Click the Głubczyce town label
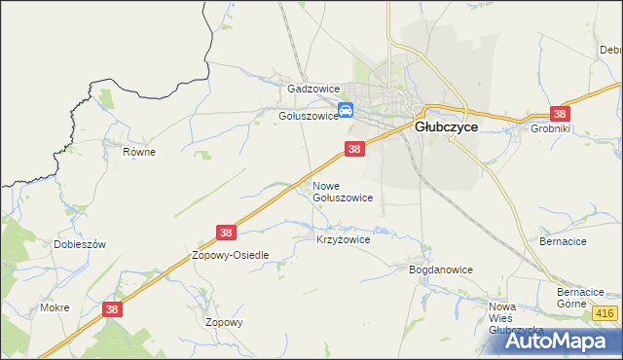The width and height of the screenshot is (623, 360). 446,126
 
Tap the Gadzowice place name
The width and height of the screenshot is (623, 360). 311,88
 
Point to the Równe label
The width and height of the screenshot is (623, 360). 139,152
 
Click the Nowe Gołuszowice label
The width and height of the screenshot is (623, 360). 342,191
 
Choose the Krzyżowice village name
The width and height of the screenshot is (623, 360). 344,238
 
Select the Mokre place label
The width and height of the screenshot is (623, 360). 54,307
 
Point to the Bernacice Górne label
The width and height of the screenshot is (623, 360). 581,297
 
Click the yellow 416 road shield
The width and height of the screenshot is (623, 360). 605,312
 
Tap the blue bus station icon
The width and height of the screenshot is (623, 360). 345,111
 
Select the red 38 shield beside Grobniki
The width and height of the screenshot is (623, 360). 560,113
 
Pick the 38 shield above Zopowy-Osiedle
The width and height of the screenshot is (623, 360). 226,233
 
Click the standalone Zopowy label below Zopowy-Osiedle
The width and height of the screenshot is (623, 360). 224,322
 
